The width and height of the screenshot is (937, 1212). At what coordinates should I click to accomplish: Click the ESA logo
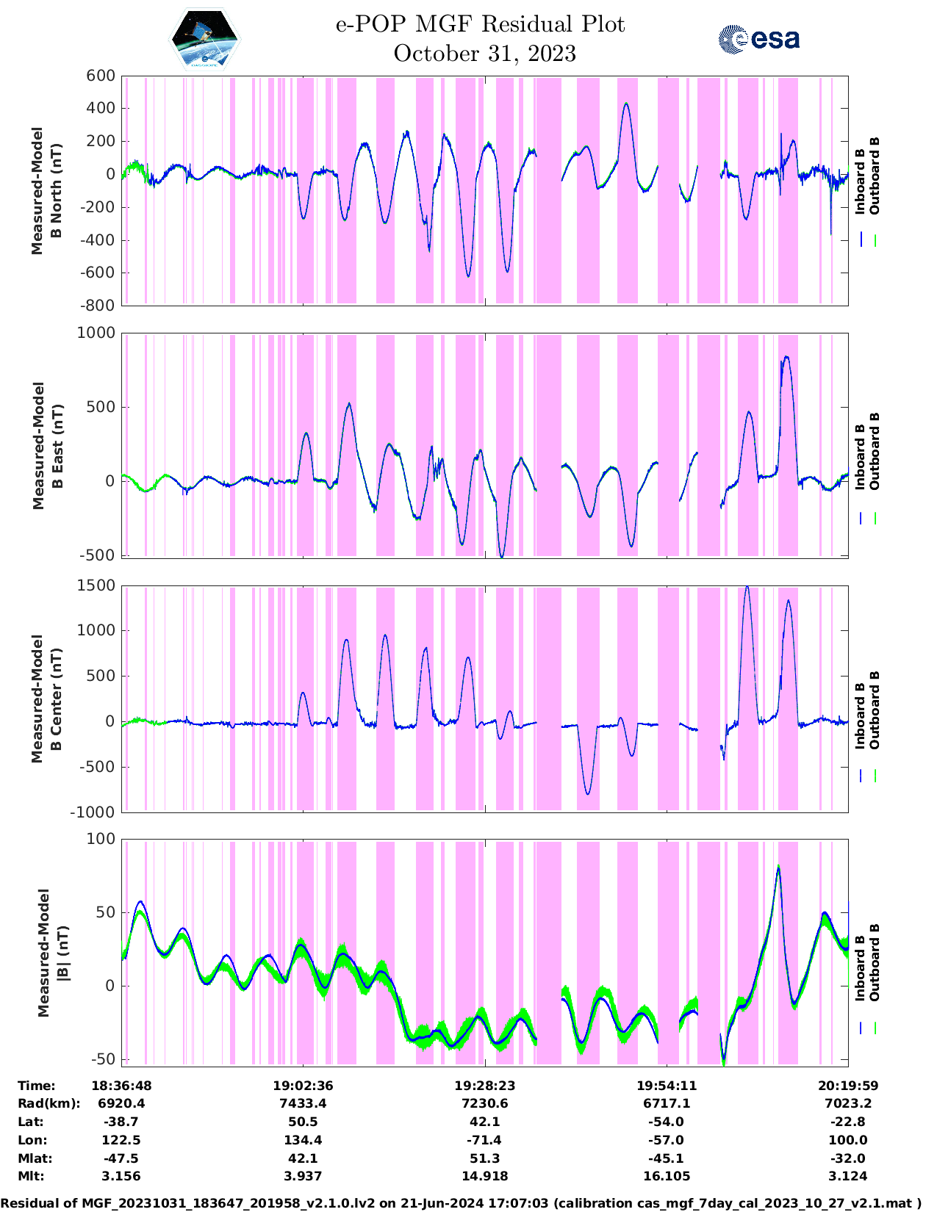pyautogui.click(x=759, y=39)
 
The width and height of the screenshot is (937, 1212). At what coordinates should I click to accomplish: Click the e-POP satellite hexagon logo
pyautogui.click(x=204, y=39)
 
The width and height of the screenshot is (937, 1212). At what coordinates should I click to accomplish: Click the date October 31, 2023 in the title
pyautogui.click(x=484, y=54)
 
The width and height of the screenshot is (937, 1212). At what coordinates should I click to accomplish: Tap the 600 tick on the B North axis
pyautogui.click(x=101, y=76)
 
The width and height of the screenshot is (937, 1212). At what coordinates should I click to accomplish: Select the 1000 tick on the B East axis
pyautogui.click(x=97, y=333)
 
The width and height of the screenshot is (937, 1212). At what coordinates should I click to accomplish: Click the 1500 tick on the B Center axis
pyautogui.click(x=97, y=585)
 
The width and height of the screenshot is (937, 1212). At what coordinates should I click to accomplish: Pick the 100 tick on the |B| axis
pyautogui.click(x=101, y=839)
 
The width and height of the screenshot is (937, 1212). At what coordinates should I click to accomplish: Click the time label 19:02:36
pyautogui.click(x=303, y=1086)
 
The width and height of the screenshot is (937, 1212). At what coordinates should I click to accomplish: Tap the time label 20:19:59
pyautogui.click(x=848, y=1086)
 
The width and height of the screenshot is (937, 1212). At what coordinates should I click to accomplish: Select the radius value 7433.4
pyautogui.click(x=303, y=1103)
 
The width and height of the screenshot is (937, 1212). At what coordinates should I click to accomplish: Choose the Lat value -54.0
pyautogui.click(x=667, y=1122)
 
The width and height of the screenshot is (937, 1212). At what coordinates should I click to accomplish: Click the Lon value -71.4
pyautogui.click(x=484, y=1140)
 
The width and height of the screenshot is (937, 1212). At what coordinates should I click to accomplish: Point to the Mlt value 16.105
pyautogui.click(x=667, y=1176)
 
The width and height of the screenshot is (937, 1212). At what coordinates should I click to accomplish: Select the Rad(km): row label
pyautogui.click(x=49, y=1103)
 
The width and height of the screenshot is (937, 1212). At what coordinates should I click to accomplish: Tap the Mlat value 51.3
pyautogui.click(x=484, y=1158)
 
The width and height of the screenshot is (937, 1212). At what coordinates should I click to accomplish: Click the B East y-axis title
pyautogui.click(x=48, y=446)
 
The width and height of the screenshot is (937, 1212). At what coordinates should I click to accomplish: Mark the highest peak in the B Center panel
pyautogui.click(x=747, y=587)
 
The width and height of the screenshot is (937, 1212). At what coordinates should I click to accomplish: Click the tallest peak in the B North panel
pyautogui.click(x=626, y=104)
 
